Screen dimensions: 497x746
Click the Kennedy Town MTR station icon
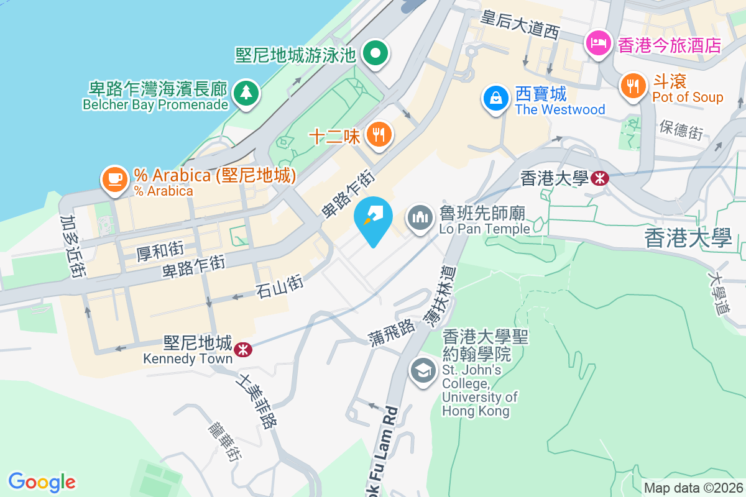click(x=242, y=350)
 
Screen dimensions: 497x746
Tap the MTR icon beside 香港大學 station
click(x=600, y=178)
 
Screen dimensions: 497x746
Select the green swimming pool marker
click(x=376, y=53)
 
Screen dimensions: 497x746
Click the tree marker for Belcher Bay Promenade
click(x=246, y=93)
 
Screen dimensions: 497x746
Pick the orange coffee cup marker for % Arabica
click(x=114, y=180)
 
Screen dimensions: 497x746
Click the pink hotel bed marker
click(x=597, y=43)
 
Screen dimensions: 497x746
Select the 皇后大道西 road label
click(x=521, y=25)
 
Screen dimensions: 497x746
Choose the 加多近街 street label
click(x=73, y=247)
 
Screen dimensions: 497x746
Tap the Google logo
click(x=42, y=481)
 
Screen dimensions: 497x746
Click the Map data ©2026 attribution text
click(x=693, y=488)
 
